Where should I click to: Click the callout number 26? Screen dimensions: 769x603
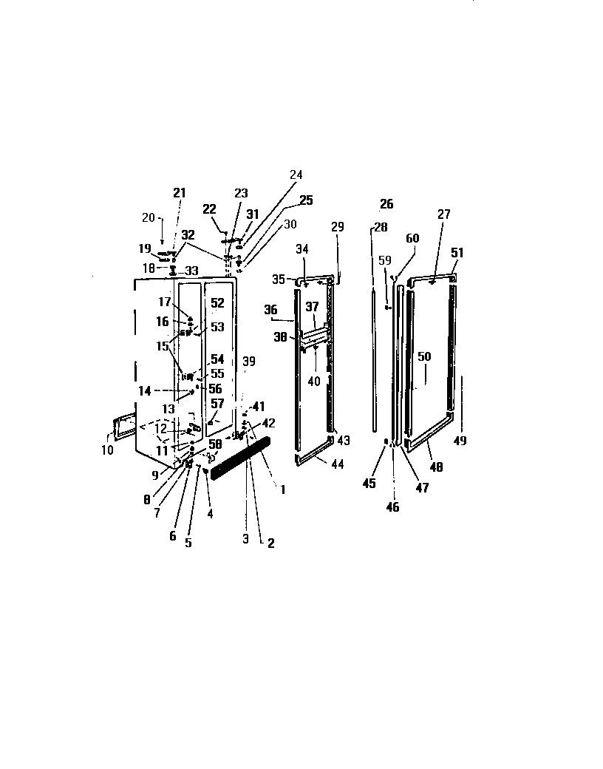coord(386,204)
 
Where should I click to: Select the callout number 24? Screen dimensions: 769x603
coord(296,175)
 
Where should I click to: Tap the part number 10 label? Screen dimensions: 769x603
coord(108,450)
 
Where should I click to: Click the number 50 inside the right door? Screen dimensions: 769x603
coord(424,356)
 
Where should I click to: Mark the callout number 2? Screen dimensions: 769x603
coord(270,543)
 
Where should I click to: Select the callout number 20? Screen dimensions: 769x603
coord(149,217)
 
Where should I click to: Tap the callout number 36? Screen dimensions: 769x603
coord(270,310)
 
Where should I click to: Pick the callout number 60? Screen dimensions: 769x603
coord(412,238)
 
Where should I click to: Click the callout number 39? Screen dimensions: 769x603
coord(249,361)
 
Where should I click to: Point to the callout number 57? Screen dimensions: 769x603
coord(217,403)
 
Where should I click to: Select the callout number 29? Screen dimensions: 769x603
coord(338,227)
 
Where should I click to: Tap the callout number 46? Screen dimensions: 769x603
coord(393,507)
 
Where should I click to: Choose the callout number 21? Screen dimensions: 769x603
coord(180,193)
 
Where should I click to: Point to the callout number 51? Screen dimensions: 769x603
coord(458,253)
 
